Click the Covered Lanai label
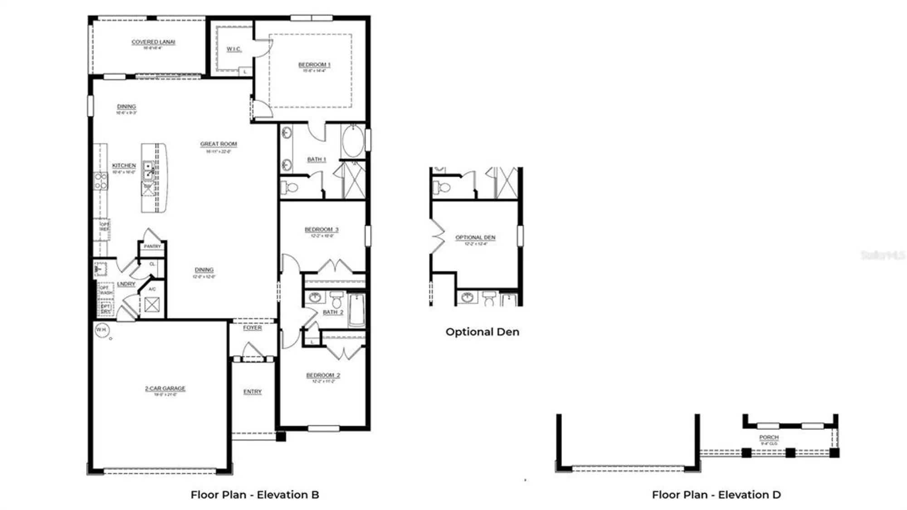pyautogui.click(x=153, y=42)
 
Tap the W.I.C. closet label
pyautogui.click(x=234, y=49)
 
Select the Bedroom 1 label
pyautogui.click(x=314, y=65)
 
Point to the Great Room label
pyautogui.click(x=219, y=144)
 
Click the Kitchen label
pyautogui.click(x=124, y=166)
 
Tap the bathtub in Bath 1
pyautogui.click(x=353, y=141)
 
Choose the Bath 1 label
pyautogui.click(x=317, y=159)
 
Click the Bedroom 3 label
pyautogui.click(x=322, y=230)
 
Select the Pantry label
pyautogui.click(x=152, y=246)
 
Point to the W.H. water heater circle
pyautogui.click(x=102, y=330)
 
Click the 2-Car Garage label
pyautogui.click(x=165, y=389)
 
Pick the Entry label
pyautogui.click(x=252, y=392)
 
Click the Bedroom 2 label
pyautogui.click(x=323, y=375)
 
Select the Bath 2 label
pyautogui.click(x=333, y=313)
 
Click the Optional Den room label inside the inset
pyautogui.click(x=475, y=238)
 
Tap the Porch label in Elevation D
pyautogui.click(x=769, y=438)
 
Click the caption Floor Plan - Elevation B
pyautogui.click(x=255, y=495)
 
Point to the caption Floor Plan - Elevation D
pyautogui.click(x=717, y=495)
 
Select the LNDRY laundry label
pyautogui.click(x=126, y=284)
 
